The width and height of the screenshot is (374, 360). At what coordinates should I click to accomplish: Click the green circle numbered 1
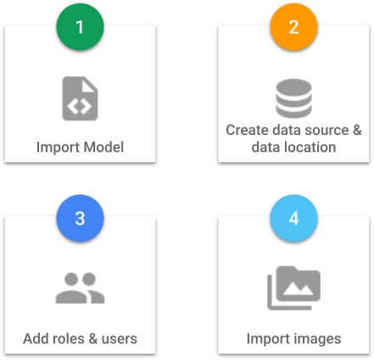(80, 27)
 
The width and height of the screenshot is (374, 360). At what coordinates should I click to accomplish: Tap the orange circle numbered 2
(293, 27)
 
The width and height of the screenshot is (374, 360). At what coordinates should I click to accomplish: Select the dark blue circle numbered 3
(80, 218)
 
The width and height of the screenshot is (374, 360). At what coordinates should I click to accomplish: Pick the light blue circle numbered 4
(293, 218)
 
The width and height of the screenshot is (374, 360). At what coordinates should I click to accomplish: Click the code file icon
(80, 98)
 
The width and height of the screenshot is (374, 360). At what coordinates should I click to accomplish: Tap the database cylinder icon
(293, 98)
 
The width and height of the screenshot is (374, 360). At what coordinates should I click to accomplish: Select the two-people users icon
(80, 288)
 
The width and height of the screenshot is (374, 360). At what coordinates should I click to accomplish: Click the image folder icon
(293, 288)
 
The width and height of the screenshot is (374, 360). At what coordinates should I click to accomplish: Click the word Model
(103, 147)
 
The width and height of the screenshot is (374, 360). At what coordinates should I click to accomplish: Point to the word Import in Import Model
(59, 148)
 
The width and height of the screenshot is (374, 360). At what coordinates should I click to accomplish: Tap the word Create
(248, 130)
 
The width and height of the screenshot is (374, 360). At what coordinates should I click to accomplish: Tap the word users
(120, 339)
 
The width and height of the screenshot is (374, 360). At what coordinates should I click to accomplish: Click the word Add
(36, 339)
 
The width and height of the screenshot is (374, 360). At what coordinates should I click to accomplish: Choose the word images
(317, 339)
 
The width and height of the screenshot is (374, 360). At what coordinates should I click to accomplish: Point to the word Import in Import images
(269, 339)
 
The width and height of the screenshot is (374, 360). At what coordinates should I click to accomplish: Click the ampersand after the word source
(357, 130)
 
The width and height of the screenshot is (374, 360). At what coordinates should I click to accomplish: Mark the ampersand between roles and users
(93, 339)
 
